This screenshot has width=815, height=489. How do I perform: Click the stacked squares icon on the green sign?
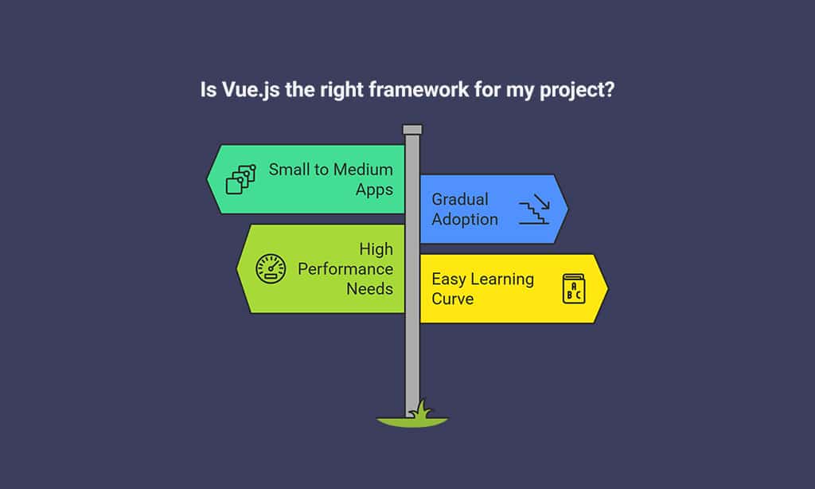241,179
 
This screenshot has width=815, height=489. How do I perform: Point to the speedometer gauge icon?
271,268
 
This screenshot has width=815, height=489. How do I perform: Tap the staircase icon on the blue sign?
534,209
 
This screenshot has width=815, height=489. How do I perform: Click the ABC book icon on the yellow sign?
573,288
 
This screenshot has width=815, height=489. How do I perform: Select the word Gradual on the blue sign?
460,199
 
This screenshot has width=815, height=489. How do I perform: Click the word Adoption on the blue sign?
465,219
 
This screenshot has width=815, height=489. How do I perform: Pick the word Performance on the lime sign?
345,269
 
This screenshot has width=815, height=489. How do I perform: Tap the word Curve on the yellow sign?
452,299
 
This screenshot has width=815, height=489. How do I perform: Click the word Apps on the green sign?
374,190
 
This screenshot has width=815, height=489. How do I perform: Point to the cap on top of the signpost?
412,129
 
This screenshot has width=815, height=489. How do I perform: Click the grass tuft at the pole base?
420,409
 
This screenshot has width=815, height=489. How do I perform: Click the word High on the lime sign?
376,249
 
